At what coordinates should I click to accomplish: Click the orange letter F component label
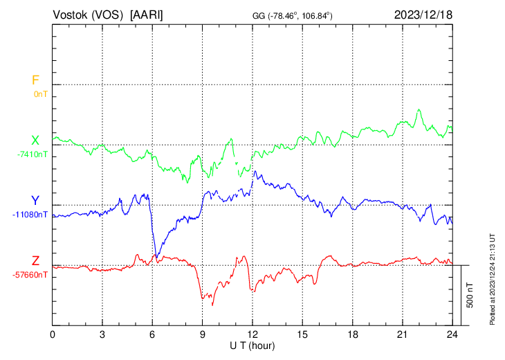coord(35,80)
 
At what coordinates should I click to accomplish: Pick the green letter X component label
coord(35,141)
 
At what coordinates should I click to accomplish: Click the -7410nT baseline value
coord(33,154)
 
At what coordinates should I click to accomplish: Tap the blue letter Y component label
coord(35,201)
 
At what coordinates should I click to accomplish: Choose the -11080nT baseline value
coord(30,214)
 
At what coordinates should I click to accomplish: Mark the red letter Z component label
coord(35,261)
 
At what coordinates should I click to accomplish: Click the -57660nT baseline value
coord(30,274)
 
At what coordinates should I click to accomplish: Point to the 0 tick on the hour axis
coord(53,334)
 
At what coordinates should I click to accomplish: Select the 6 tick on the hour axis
coord(153,334)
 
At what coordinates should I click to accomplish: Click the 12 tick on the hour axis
coord(252,334)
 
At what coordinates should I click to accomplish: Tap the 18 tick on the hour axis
coord(352,334)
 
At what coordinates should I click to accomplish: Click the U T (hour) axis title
coord(252,345)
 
